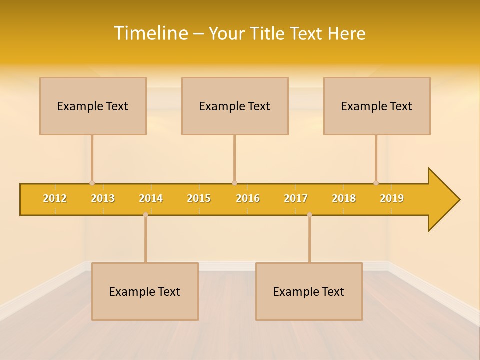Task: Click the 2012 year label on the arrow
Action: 55,198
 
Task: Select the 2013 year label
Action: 103,198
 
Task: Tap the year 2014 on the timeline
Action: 151,198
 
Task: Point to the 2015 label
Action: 199,198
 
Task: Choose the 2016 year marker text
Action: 248,198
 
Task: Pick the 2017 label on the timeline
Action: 296,198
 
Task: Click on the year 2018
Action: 344,198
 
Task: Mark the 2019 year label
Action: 392,198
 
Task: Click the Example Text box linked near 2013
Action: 93,106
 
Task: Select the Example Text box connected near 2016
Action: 235,106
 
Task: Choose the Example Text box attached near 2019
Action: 377,106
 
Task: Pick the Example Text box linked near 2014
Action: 145,291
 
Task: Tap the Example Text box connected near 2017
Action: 309,291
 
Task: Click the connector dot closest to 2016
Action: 234,183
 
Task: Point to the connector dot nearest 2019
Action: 376,183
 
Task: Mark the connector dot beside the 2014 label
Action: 145,215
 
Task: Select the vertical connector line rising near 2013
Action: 92,157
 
